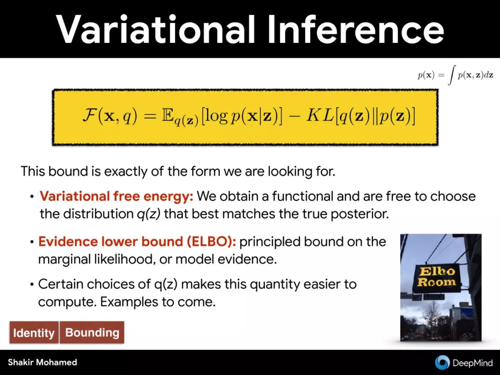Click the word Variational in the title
coord(156,29)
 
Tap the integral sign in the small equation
coord(451,75)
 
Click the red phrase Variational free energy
coord(116,196)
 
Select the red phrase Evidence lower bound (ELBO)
coord(137,241)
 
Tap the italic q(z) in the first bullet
coord(148,214)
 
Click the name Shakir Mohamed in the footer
coord(43,362)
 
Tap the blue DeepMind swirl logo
coord(442,362)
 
